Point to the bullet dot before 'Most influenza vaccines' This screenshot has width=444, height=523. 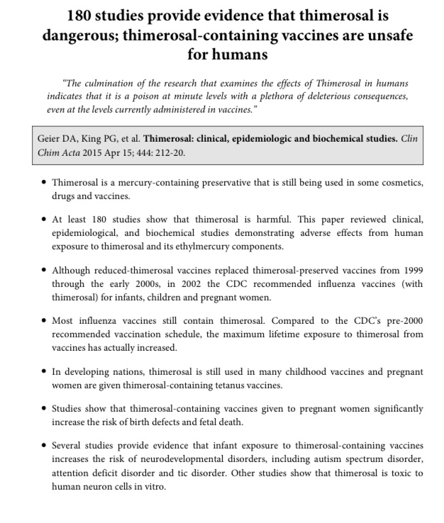point(44,320)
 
